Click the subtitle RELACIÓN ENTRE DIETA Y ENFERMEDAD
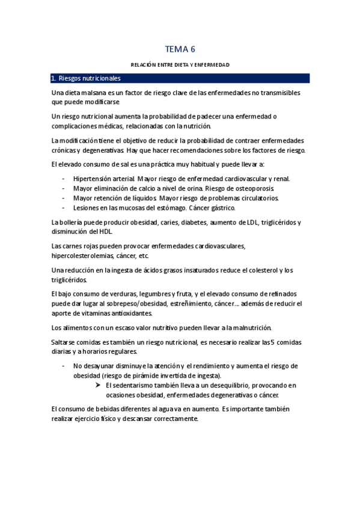click(x=180, y=64)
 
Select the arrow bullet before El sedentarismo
click(x=98, y=385)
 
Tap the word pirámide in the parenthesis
click(x=132, y=375)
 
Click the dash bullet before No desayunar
click(x=64, y=366)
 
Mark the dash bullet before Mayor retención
click(x=64, y=198)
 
